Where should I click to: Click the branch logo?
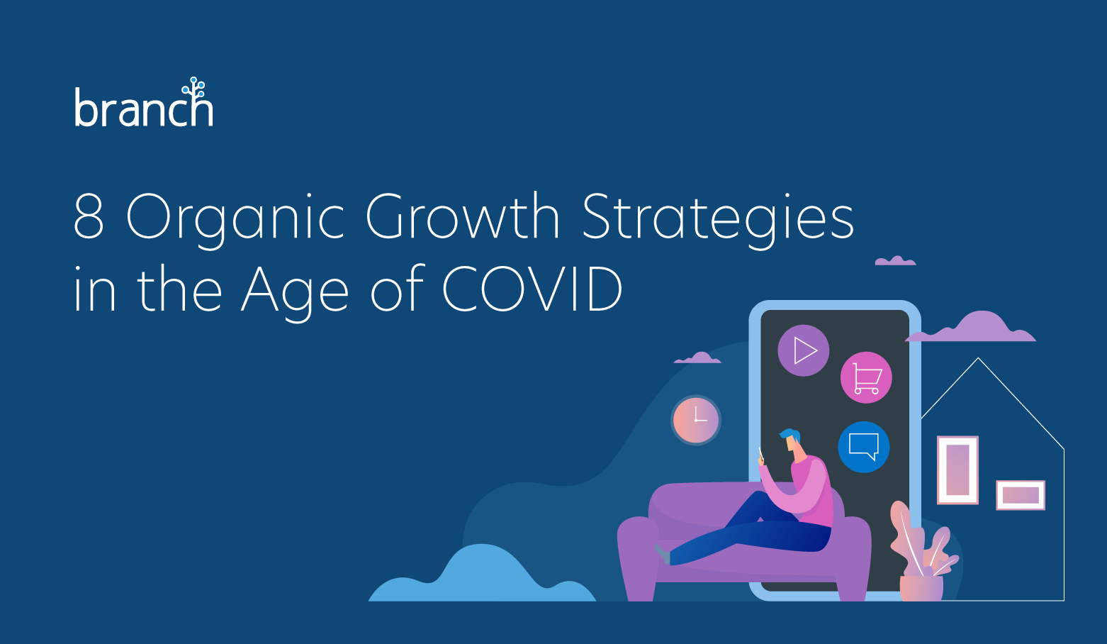(144, 102)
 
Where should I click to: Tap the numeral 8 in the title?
(89, 216)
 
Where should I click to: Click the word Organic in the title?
(235, 221)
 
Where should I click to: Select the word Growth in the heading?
(463, 216)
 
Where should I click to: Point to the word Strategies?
(718, 221)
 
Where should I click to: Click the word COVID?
(532, 289)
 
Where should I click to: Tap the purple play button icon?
(804, 350)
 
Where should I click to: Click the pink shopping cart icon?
(866, 378)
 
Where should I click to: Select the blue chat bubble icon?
(864, 447)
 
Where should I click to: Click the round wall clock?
(696, 420)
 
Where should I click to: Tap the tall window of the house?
(957, 470)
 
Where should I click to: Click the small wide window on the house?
(1021, 495)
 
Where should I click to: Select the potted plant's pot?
(921, 588)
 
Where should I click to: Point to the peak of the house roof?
(978, 358)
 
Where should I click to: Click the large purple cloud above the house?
(971, 327)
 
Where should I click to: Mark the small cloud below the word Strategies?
(895, 261)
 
